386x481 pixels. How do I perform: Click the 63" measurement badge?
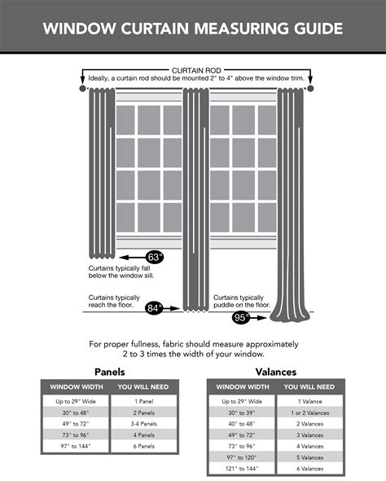point(156,257)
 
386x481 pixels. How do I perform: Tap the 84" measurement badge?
point(154,308)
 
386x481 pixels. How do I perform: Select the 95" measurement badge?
point(242,318)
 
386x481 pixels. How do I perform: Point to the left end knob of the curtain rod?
point(82,87)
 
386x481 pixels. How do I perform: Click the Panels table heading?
point(109,371)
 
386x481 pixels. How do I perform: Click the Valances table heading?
point(275,371)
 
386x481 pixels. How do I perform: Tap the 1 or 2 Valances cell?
point(311,413)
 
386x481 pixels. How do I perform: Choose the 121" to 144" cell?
point(241,470)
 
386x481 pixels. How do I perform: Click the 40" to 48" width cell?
point(241,424)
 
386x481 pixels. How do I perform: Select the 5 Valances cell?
point(311,458)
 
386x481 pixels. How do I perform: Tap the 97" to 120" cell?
point(241,458)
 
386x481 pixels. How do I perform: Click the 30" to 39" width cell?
point(241,413)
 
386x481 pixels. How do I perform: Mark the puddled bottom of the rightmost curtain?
point(291,311)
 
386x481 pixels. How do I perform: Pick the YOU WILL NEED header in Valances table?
point(311,386)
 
